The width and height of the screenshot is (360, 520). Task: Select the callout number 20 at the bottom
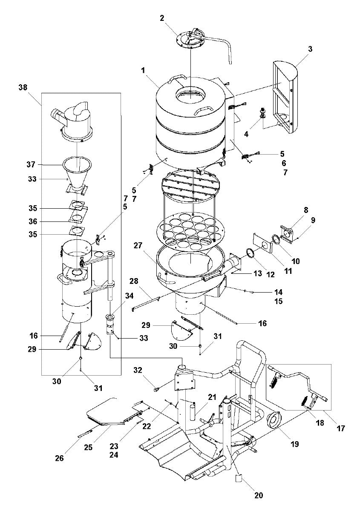pos(259,495)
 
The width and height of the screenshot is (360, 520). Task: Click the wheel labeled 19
pos(274,420)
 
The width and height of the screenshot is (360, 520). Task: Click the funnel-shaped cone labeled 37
pos(77,172)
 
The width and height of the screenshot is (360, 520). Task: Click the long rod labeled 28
pos(145,302)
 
